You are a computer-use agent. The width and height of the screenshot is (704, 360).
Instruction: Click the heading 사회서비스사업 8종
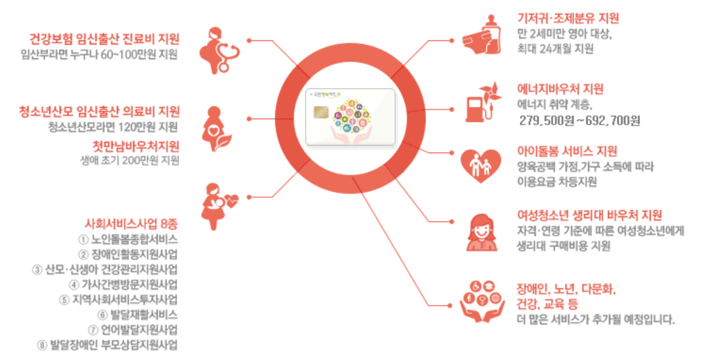131,224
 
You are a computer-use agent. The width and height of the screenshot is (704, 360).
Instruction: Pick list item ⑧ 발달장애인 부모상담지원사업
107,344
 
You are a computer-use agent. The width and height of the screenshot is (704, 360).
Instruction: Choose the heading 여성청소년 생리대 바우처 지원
589,216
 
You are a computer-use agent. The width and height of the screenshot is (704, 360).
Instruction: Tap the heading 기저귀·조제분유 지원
568,18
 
